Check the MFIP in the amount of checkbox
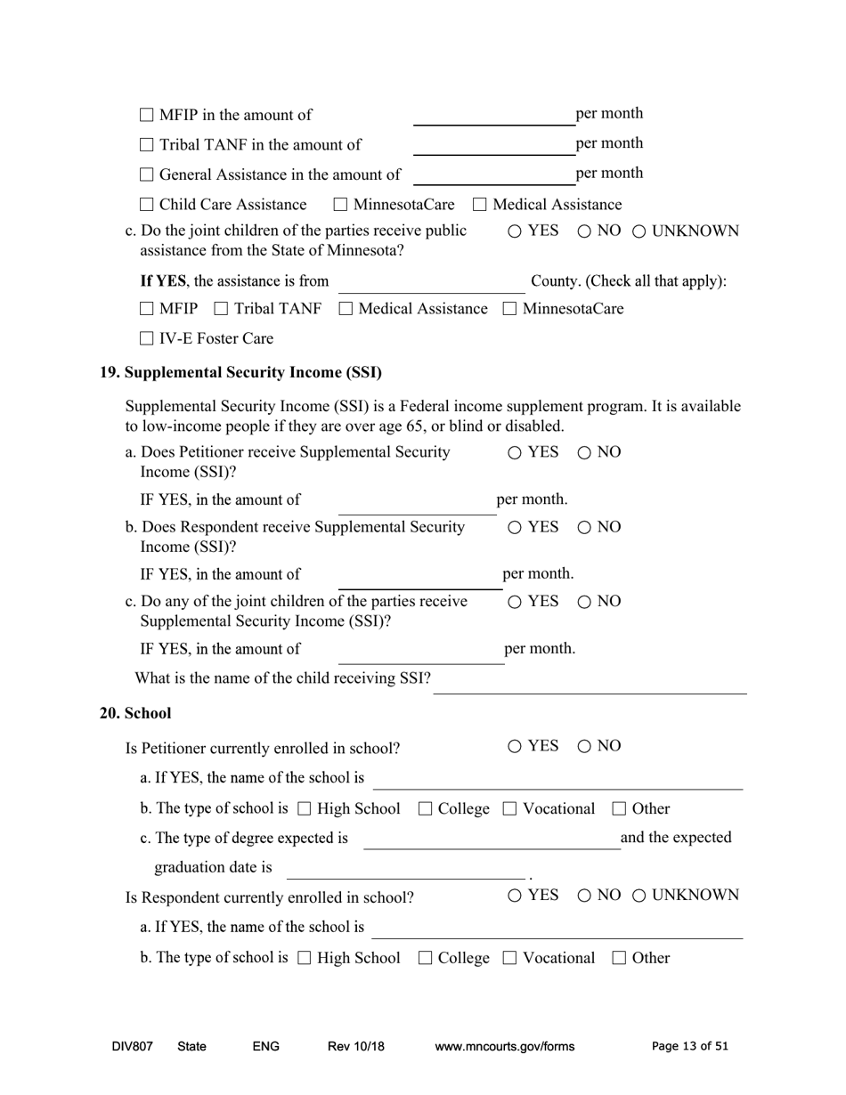[x=148, y=116]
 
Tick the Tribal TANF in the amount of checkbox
[x=148, y=145]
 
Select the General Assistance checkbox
[x=148, y=175]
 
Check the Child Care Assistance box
[x=148, y=206]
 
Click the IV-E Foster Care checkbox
[x=148, y=339]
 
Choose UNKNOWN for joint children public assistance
[x=639, y=232]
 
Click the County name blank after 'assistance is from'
[x=431, y=283]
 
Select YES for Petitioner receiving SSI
[x=516, y=453]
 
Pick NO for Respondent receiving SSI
[x=585, y=528]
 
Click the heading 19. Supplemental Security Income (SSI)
[x=240, y=372]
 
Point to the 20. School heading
[x=135, y=714]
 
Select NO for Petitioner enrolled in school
[x=585, y=747]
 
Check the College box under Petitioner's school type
[x=426, y=809]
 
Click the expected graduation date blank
[x=405, y=869]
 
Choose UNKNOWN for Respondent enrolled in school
[x=639, y=896]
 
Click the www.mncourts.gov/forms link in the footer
[x=504, y=1047]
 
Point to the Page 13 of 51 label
[x=689, y=1047]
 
